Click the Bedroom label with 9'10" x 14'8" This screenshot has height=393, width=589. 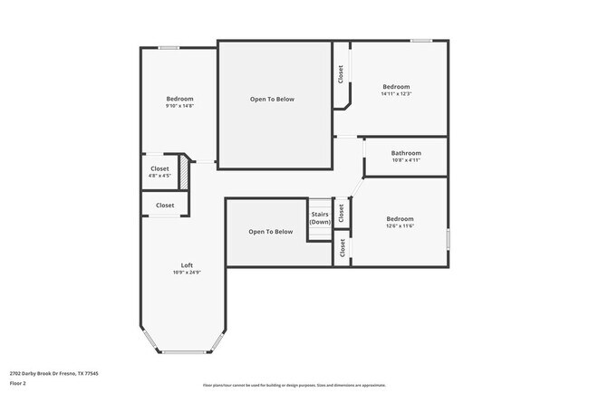[x=179, y=99]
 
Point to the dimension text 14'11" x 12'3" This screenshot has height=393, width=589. [x=396, y=93]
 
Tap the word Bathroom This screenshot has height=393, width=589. [x=406, y=153]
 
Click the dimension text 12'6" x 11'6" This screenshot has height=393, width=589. [x=400, y=226]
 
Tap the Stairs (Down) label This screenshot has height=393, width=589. [x=320, y=218]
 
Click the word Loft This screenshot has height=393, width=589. [x=187, y=265]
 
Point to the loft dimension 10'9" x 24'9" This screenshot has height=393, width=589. [x=187, y=273]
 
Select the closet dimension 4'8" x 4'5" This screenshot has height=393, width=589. [x=159, y=176]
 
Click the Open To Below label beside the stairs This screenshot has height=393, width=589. [x=271, y=232]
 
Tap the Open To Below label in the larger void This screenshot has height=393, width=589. [x=272, y=99]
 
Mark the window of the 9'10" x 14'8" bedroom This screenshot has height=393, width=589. [x=169, y=48]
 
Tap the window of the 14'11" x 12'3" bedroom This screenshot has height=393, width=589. [x=420, y=41]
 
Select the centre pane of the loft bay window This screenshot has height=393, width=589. [x=187, y=352]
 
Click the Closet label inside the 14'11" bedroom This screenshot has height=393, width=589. [x=341, y=74]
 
